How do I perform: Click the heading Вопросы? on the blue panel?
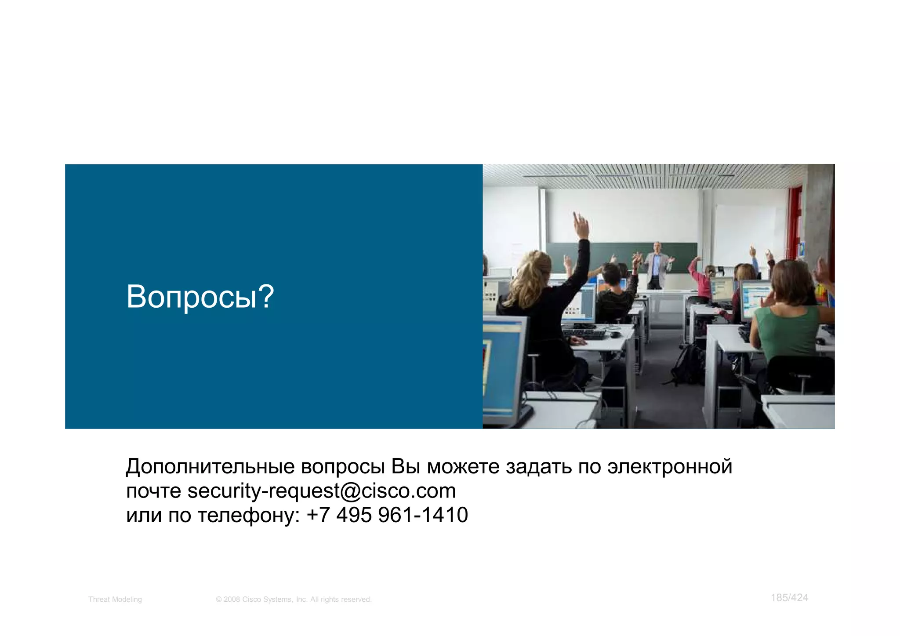point(200,297)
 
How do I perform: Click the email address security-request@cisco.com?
point(322,491)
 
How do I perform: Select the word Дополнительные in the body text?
point(210,467)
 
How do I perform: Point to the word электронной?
point(669,467)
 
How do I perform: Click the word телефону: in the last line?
point(248,516)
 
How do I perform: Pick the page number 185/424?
point(789,598)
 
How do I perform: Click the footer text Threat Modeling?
point(115,600)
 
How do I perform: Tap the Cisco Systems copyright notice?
point(294,600)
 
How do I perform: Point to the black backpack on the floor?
point(688,365)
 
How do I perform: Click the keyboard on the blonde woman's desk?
point(584,334)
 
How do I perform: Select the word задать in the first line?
point(538,467)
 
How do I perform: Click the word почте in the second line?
point(153,491)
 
